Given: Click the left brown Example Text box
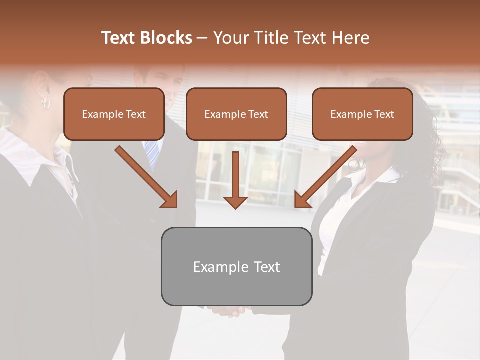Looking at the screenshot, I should tap(114, 114).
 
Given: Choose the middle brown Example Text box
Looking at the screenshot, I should tap(236, 114).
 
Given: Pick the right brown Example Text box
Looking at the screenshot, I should tap(362, 114).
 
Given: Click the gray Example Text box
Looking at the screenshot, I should tap(236, 266).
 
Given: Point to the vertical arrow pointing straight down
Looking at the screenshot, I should tap(235, 180).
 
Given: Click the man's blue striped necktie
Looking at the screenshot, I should tap(153, 153).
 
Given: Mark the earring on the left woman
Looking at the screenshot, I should tap(46, 103).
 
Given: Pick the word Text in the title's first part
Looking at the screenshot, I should tap(118, 38).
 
